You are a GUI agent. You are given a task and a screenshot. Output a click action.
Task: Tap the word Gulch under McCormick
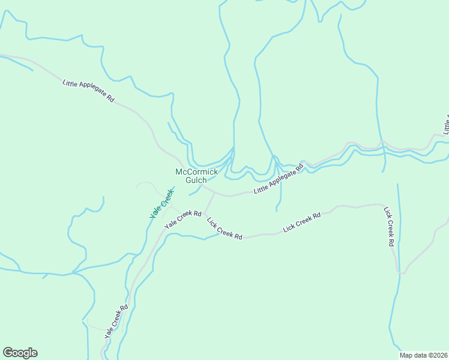click(x=196, y=180)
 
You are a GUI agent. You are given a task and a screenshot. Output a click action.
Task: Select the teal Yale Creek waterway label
click(x=161, y=203)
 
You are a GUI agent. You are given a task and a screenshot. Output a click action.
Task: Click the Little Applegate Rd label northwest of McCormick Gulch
click(x=88, y=91)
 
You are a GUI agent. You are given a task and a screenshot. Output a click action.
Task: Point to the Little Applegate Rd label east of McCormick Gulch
click(x=279, y=181)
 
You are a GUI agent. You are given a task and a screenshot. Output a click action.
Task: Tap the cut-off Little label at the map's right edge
click(x=445, y=124)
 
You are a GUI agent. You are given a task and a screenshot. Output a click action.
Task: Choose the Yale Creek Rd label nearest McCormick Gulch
click(x=182, y=218)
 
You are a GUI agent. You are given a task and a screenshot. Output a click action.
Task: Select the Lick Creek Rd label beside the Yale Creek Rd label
click(x=224, y=228)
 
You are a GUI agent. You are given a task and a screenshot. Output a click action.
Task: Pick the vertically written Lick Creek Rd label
click(x=388, y=227)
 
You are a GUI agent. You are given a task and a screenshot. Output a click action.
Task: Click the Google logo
click(x=20, y=353)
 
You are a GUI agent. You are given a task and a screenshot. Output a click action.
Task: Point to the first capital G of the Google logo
click(x=8, y=352)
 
